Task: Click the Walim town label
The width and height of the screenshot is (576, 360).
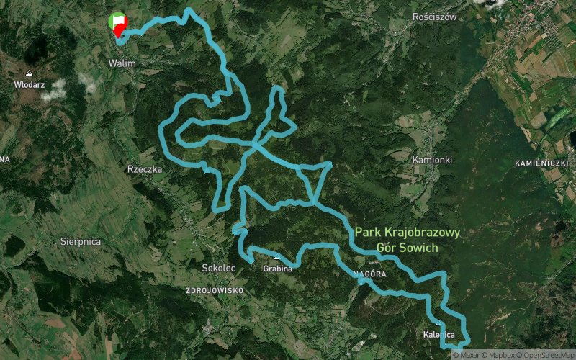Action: tap(122, 63)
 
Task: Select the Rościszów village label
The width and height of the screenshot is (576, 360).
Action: tap(435, 17)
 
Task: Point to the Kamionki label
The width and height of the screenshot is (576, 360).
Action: tap(432, 158)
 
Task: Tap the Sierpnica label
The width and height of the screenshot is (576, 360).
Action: tap(81, 242)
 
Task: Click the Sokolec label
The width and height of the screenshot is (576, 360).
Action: tap(219, 268)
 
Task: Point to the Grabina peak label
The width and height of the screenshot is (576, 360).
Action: tap(278, 269)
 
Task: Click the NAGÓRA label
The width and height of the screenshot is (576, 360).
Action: tap(371, 275)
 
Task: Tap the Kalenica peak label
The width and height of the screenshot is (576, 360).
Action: tap(439, 335)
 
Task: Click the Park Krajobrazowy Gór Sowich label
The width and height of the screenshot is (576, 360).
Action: tap(407, 240)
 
